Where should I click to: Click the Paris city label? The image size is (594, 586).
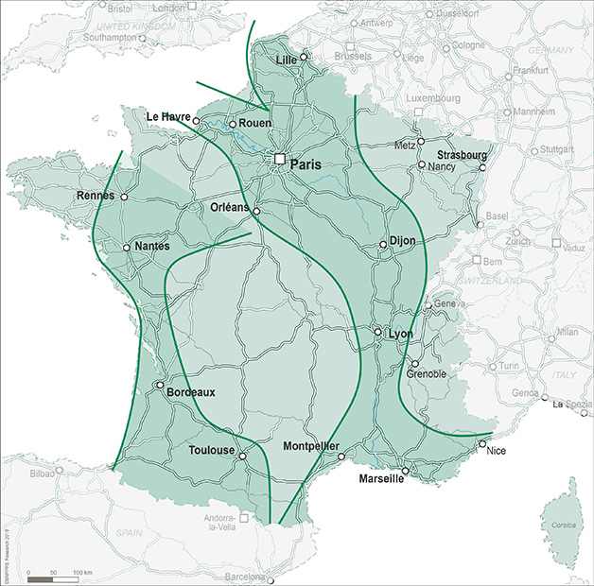tap(306, 164)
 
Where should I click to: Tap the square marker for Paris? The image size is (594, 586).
tap(280, 160)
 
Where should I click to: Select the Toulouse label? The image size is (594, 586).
tap(211, 451)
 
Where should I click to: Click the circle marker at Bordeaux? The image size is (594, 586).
tap(158, 385)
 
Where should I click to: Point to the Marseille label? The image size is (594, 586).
tap(381, 479)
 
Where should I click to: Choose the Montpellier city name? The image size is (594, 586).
tap(311, 446)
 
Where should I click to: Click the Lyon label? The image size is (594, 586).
tap(401, 334)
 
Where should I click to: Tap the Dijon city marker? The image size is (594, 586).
tap(383, 245)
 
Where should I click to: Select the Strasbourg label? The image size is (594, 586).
tap(462, 154)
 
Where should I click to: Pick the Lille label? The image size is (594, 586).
tap(286, 60)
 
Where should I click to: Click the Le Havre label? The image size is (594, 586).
tap(168, 116)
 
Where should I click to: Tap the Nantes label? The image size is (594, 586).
tap(152, 246)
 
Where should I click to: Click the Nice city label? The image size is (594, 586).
tap(497, 451)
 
